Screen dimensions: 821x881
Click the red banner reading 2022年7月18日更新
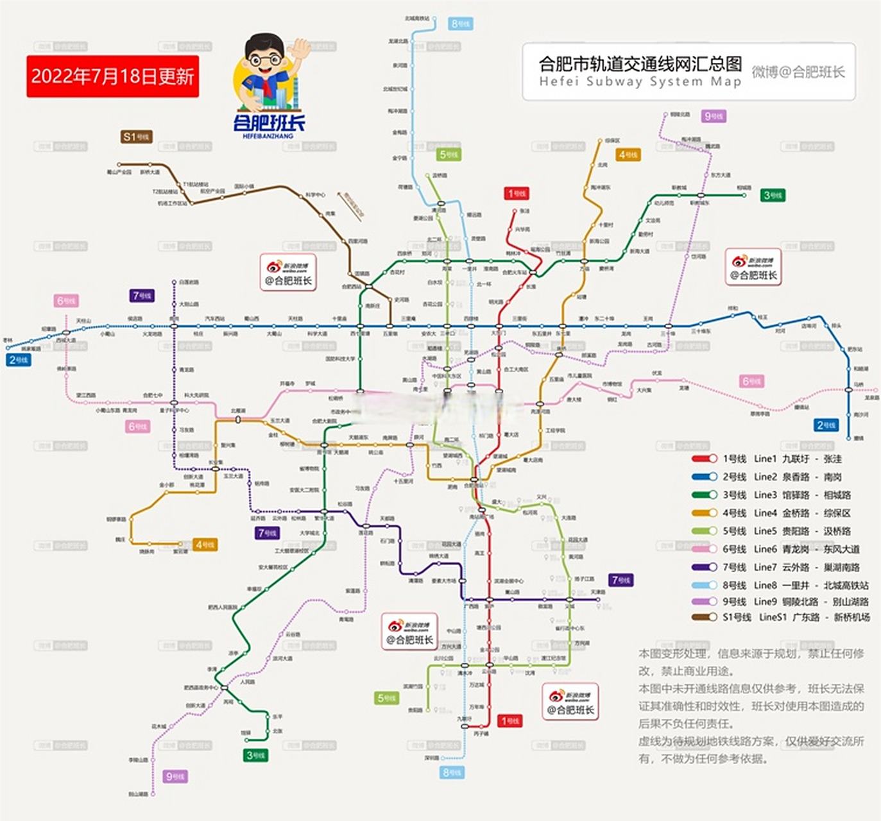coord(112,76)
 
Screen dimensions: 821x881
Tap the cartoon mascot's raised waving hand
coord(299,49)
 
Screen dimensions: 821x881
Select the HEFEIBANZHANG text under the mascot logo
coord(268,136)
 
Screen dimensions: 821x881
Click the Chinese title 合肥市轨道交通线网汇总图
coord(640,64)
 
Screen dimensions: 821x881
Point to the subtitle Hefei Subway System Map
coord(640,82)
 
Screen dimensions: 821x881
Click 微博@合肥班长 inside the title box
coord(798,72)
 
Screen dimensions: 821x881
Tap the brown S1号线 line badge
coord(137,137)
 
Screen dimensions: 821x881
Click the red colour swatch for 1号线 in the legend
coord(704,459)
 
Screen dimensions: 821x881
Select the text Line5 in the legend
coord(765,531)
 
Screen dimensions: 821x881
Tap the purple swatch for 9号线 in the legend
coord(704,602)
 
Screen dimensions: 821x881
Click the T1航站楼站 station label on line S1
coord(195,184)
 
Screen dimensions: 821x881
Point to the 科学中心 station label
coord(315,194)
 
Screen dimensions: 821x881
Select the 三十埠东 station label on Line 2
coord(701,332)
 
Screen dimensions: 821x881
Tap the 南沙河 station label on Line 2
coord(860,414)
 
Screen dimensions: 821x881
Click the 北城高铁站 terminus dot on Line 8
coord(434,24)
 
